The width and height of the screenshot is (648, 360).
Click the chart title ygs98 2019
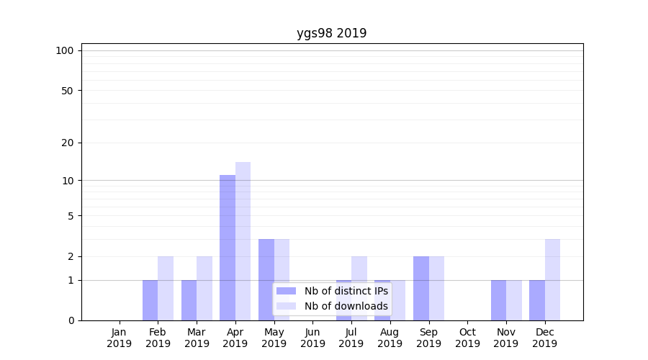331,33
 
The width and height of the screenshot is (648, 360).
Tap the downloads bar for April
243,240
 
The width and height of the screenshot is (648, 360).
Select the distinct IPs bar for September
421,288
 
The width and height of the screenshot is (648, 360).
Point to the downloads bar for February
166,288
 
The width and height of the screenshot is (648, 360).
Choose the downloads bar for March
204,288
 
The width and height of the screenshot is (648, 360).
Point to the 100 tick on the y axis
65,50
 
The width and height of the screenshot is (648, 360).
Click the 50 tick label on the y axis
68,91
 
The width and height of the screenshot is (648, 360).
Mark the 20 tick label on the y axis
68,143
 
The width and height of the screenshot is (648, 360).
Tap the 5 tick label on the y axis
71,215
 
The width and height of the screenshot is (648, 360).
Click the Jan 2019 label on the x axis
120,338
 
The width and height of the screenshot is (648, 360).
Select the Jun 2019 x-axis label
312,338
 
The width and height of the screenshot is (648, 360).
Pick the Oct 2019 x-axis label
467,338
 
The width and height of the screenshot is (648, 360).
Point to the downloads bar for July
359,288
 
